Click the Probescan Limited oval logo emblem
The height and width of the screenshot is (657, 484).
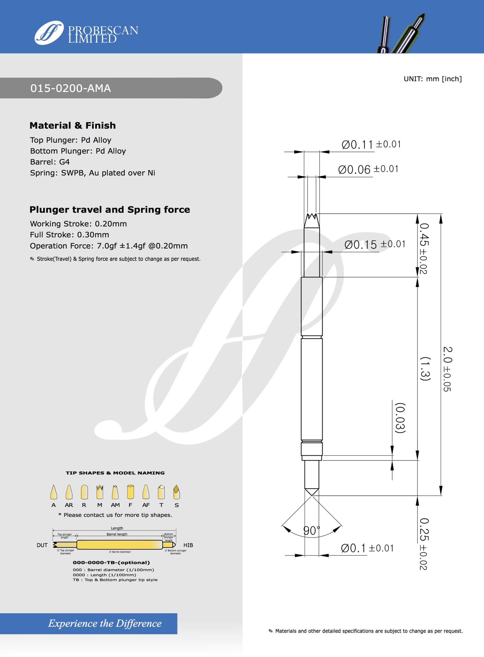(49, 33)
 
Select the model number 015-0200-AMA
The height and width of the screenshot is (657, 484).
(71, 88)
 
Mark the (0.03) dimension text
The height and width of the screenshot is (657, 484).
(400, 418)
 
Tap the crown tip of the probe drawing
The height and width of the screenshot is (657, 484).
(312, 218)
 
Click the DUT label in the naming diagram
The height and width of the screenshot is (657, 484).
(42, 545)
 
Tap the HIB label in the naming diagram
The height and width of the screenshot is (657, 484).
(188, 545)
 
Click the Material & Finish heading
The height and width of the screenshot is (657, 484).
(73, 126)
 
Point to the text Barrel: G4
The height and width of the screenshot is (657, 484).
(50, 162)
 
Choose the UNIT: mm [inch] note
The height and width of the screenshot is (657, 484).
(432, 79)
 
